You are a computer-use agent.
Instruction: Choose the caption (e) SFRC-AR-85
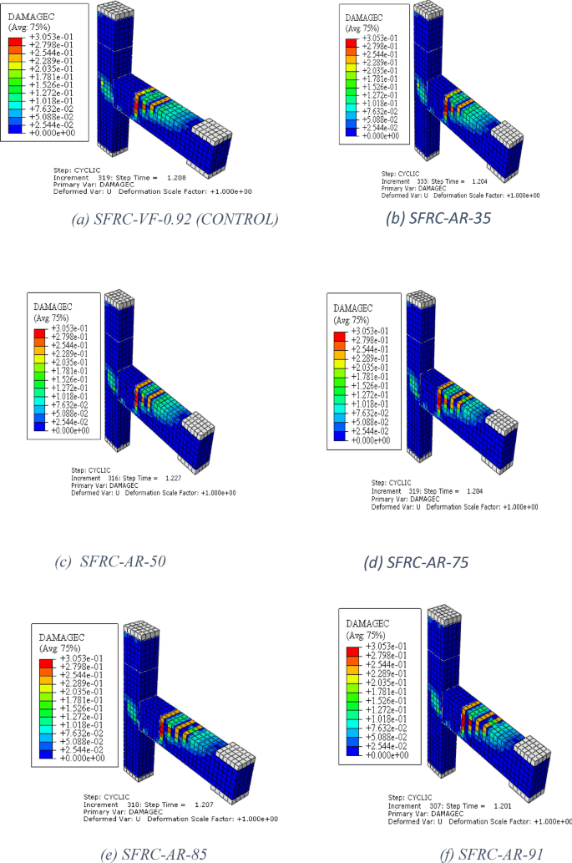(140, 853)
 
